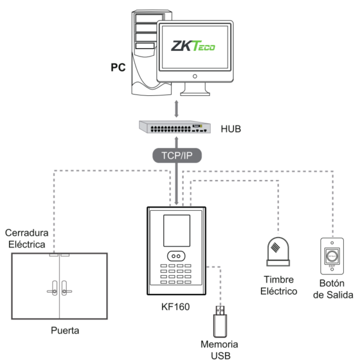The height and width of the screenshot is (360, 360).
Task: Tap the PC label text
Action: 118,67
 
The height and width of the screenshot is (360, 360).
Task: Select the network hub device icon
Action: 174,127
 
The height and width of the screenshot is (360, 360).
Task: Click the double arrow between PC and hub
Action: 175,109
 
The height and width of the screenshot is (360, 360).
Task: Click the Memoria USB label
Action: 220,350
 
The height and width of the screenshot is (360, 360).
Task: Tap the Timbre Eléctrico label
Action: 280,286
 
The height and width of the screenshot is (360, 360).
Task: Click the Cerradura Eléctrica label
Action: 26,238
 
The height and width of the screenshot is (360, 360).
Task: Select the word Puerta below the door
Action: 65,330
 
